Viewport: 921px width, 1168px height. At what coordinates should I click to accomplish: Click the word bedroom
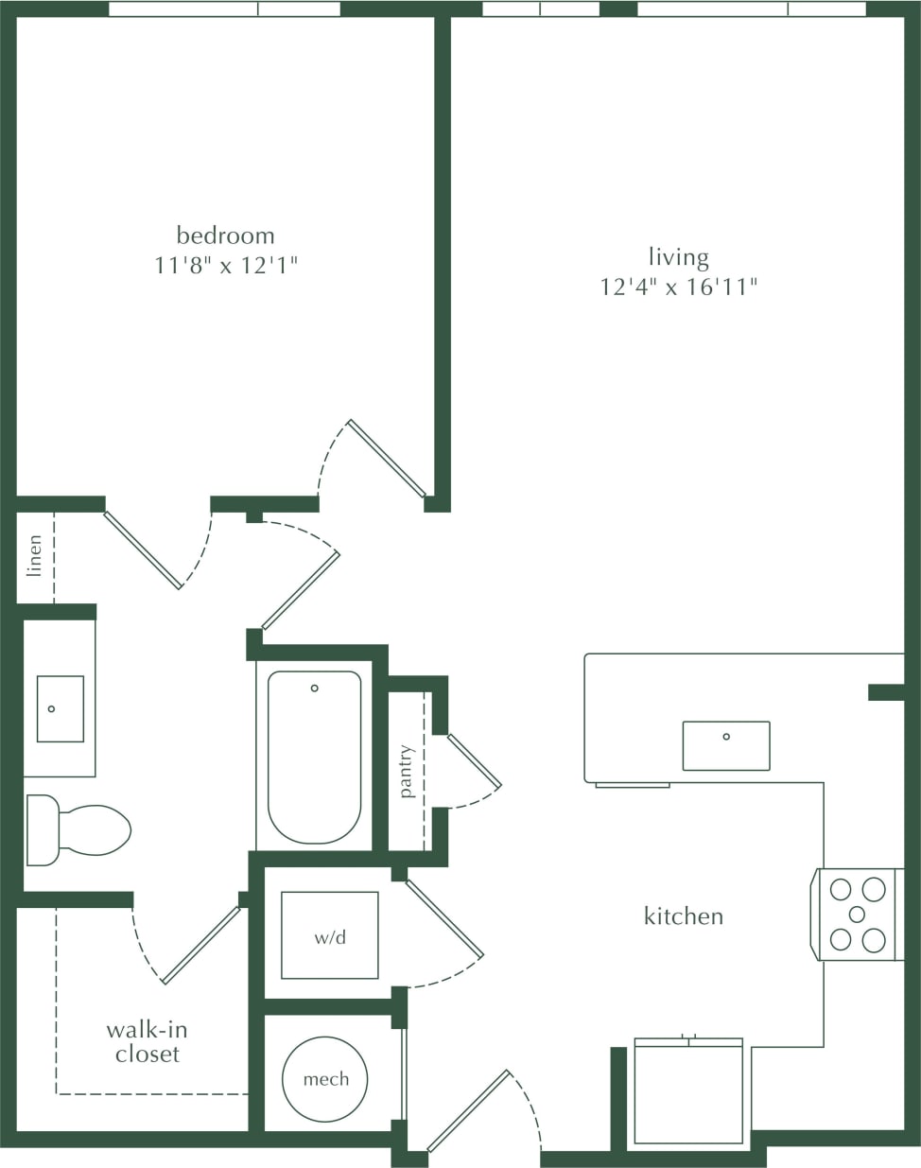point(225,235)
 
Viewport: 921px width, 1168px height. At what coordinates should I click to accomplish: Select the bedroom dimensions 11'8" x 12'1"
point(226,265)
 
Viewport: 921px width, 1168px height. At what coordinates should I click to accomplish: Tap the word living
point(678,257)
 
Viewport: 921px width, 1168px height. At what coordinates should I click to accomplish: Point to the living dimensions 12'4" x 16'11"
point(679,287)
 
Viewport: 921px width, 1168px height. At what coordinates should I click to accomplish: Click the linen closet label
point(35,555)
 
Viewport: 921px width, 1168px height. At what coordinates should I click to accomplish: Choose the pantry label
point(407,772)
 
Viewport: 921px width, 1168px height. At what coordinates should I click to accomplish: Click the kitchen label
point(683,915)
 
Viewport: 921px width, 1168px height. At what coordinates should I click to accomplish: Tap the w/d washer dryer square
point(330,935)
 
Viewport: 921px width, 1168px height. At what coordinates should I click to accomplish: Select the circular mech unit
point(325,1079)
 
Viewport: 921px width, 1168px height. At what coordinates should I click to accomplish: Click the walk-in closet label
point(147,1041)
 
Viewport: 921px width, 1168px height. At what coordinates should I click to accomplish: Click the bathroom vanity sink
point(60,708)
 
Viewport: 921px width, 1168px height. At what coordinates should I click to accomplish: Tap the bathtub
point(314,757)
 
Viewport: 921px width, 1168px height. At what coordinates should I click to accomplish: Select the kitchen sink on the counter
point(726,745)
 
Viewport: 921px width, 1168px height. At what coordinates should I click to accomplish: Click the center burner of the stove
point(857,915)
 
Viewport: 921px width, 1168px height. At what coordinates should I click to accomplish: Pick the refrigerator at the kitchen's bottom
point(688,1092)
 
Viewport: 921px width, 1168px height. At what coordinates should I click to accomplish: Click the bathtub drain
point(315,689)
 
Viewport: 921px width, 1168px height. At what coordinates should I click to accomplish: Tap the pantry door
point(474,760)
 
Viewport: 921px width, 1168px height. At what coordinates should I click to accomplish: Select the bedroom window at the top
point(224,9)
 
